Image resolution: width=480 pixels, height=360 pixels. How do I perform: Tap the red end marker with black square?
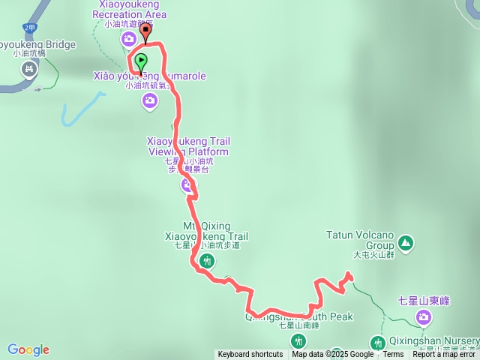tap(145, 32)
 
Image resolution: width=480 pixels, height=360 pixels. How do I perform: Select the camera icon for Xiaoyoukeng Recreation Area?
tap(130, 39)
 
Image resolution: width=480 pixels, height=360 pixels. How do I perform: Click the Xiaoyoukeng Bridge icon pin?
tap(29, 70)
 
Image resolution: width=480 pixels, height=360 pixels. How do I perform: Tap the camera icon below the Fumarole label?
tap(149, 100)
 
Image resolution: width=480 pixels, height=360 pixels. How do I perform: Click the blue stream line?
tap(79, 109)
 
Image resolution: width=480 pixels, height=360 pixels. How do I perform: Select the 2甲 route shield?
tap(29, 28)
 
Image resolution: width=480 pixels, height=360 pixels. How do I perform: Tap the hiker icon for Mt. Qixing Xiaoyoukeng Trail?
tap(208, 261)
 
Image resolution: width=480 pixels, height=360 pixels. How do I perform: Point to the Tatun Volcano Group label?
tap(359, 239)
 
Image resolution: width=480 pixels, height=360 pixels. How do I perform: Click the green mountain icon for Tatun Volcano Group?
tap(405, 242)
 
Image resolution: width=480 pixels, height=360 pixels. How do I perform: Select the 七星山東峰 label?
tap(423, 301)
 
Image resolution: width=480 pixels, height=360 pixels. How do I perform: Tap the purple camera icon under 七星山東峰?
tap(424, 318)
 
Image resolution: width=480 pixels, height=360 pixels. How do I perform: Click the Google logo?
tap(28, 349)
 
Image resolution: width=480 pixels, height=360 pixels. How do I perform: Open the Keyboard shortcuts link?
tap(250, 355)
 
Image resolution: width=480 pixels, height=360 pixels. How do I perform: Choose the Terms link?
tap(392, 355)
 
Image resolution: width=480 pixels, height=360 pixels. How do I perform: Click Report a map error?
tap(444, 355)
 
